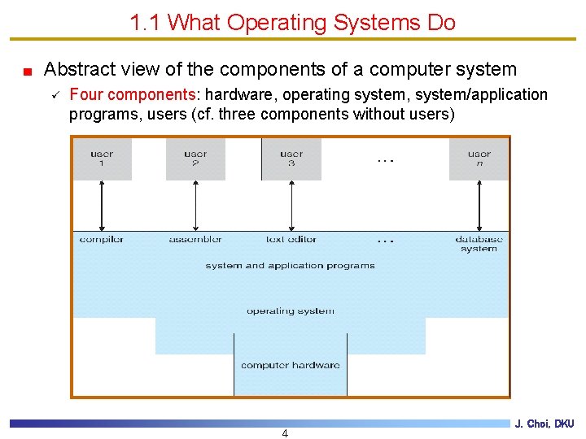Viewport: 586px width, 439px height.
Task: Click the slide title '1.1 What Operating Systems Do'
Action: coord(292,23)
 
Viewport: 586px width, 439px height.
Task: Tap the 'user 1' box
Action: coord(102,159)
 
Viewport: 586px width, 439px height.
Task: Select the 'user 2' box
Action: coord(195,159)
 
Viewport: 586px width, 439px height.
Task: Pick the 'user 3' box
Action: coord(291,159)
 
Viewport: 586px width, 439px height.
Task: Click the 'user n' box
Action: coord(479,159)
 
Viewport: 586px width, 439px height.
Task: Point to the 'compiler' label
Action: coord(102,239)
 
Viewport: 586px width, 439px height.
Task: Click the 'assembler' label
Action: coord(195,239)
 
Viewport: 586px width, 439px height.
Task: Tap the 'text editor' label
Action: coord(291,239)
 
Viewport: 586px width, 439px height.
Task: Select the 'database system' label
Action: coord(479,244)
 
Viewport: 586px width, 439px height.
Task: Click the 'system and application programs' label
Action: coord(291,266)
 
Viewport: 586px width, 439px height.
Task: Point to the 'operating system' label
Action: coord(291,311)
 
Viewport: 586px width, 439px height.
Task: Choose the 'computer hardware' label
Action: coord(291,365)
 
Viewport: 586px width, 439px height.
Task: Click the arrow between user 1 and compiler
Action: coord(102,206)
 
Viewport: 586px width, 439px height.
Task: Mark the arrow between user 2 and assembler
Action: coord(195,206)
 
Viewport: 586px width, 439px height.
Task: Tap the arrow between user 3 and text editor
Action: coord(291,206)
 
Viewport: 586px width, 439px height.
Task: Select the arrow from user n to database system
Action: coord(479,206)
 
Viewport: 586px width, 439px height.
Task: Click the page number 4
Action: coord(285,433)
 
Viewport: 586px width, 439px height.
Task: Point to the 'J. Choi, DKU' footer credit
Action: coord(544,424)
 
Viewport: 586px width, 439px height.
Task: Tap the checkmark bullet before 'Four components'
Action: coord(55,94)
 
